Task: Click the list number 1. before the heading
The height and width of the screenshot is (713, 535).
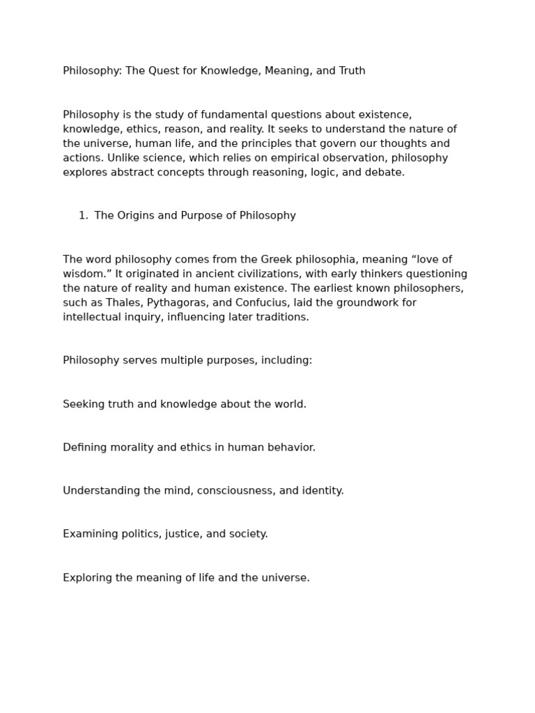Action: click(x=83, y=216)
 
